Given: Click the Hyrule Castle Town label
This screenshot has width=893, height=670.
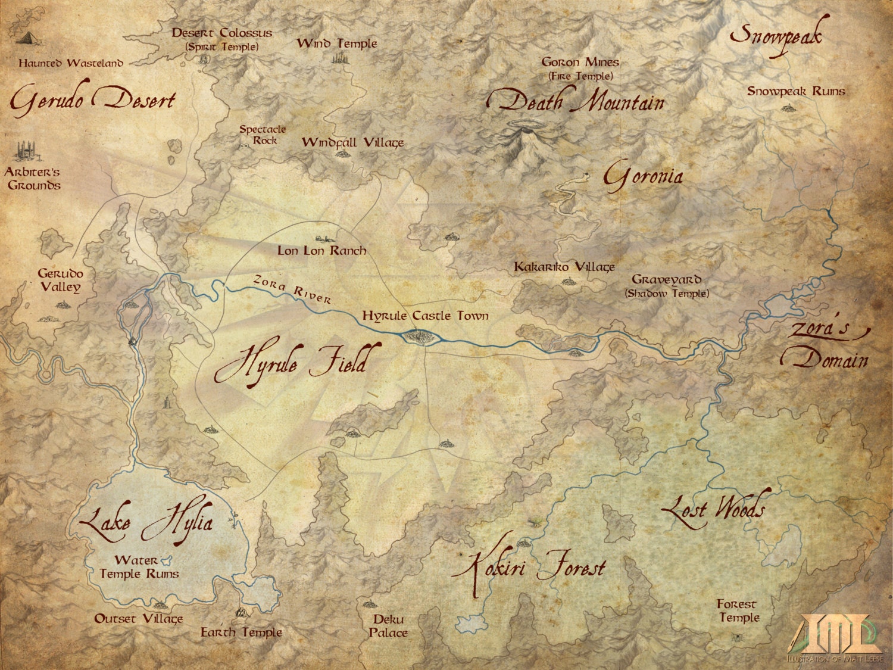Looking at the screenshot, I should point(425,316).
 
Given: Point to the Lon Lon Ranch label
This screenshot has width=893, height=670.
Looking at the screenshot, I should point(321,251).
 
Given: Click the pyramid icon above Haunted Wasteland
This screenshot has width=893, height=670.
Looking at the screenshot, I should point(26,38).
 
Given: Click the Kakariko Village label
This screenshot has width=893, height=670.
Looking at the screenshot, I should point(564,267).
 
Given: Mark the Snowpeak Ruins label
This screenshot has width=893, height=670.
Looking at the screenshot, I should point(796,91).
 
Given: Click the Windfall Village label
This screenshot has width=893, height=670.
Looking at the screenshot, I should point(352,142).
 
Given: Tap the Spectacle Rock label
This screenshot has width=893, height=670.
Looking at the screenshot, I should point(263,135).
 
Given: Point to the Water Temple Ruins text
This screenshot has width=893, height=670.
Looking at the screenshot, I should point(138,567).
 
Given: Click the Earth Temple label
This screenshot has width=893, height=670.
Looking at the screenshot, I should point(241,632).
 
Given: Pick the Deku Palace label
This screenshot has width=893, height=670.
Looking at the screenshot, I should point(388,626).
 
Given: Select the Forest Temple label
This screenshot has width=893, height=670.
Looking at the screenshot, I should point(738,611).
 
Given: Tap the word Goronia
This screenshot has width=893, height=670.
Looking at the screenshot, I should point(642,176).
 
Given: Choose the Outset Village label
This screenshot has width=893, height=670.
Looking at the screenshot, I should point(138,619).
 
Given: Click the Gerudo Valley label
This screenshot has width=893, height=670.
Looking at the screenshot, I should point(60,281).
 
